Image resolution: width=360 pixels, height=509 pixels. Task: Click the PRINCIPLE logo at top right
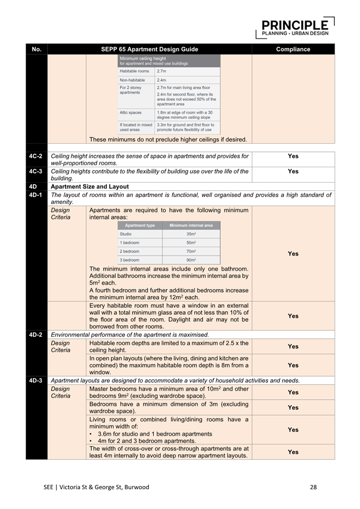[295, 27]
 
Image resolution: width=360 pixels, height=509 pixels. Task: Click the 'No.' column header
[37, 49]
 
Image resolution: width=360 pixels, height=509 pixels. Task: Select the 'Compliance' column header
[293, 49]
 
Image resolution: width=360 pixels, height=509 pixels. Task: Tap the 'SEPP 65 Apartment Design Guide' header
[149, 49]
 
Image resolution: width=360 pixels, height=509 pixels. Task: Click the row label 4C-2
[37, 156]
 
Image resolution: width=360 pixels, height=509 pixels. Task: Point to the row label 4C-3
[37, 172]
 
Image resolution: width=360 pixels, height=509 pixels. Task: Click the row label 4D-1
[37, 195]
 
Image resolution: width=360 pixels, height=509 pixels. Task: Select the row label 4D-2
[37, 335]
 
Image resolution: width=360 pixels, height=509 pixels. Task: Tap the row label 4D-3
[37, 380]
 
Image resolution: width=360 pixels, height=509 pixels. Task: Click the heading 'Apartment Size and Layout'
[89, 186]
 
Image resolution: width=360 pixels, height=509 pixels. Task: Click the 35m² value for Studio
[191, 234]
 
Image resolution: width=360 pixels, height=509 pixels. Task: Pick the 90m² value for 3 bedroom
[191, 260]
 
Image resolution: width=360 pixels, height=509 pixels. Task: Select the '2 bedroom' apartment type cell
[130, 251]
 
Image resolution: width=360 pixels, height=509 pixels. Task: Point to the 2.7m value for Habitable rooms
[161, 71]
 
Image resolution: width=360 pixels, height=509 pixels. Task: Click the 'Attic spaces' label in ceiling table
[131, 112]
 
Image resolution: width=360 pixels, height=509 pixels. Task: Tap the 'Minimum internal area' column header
[191, 225]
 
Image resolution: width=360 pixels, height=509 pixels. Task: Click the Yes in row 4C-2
[293, 156]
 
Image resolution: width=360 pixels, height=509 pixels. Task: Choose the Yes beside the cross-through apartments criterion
[293, 452]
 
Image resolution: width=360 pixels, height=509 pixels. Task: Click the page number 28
[313, 487]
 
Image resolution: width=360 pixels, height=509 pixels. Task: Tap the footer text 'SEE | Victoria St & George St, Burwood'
[97, 487]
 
